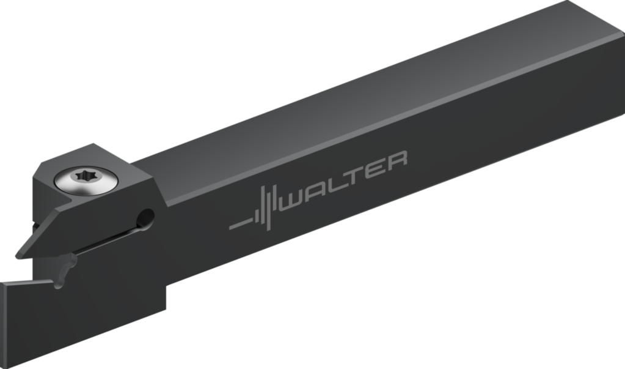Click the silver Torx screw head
tap(86, 182)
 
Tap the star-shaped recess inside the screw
tap(86, 176)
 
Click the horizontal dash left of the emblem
tap(241, 224)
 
